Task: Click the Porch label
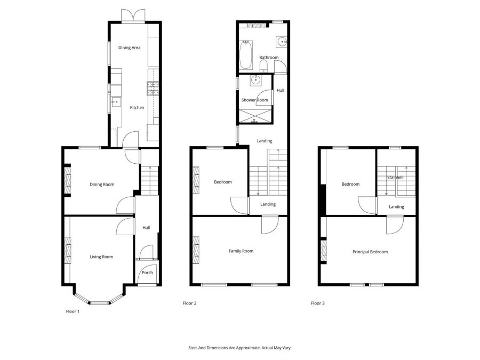coord(147,273)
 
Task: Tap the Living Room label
coord(101,257)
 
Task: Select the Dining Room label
coord(102,185)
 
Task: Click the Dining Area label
coord(129,48)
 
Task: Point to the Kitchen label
coord(137,108)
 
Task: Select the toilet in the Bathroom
coord(263,66)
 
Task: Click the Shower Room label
coord(254,100)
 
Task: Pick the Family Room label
coord(241,251)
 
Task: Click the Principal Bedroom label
coord(370,252)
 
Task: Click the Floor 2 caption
coord(190,303)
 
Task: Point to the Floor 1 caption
coord(73,311)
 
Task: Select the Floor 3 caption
coord(318,303)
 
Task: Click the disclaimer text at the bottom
coord(240,348)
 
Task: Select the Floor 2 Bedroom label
coord(223,182)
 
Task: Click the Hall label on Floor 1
coord(146,228)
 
